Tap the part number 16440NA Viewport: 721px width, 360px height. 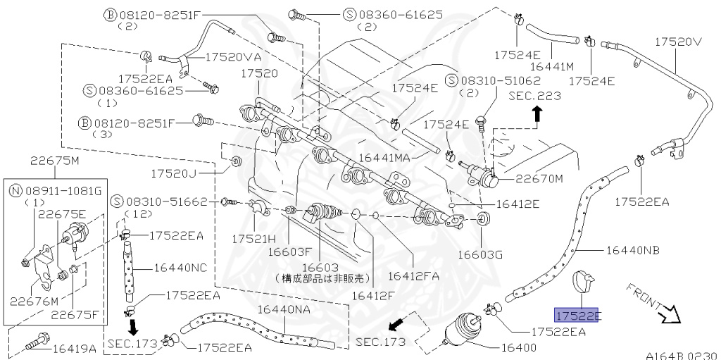(x=285, y=309)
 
